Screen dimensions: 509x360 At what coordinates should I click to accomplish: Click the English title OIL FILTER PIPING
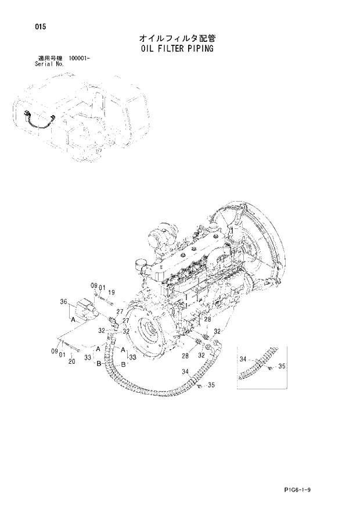click(x=177, y=49)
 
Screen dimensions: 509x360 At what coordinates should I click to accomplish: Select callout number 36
click(x=63, y=302)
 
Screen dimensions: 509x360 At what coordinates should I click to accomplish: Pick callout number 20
click(x=71, y=362)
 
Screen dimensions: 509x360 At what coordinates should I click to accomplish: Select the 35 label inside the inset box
click(x=282, y=366)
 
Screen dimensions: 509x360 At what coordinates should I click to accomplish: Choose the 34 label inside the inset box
click(x=244, y=360)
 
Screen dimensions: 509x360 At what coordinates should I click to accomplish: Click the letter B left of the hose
click(x=99, y=363)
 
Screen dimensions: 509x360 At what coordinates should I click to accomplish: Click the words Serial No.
click(x=49, y=64)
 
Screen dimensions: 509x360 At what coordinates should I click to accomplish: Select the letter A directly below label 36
click(x=74, y=320)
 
